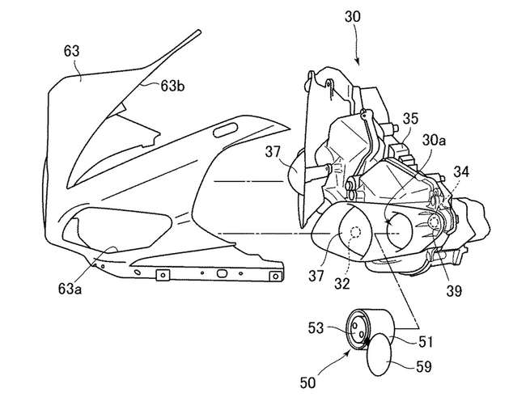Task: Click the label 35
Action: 411,118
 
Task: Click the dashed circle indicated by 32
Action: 354,234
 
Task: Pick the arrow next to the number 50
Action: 332,366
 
